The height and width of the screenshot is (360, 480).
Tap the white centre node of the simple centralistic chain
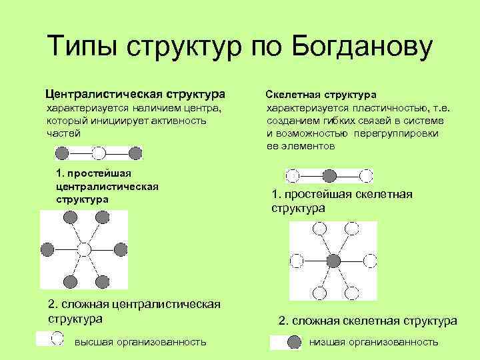point(98,153)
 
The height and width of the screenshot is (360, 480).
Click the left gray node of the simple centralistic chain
point(61,153)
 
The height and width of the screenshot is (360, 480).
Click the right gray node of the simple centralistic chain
point(135,153)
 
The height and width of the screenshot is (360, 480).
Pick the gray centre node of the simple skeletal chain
point(329,176)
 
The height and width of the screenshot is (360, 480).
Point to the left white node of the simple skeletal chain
point(293,176)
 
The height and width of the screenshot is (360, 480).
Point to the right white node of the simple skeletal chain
point(365,176)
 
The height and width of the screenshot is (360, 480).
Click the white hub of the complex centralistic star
point(84,249)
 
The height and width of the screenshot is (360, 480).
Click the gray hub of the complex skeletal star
point(334,260)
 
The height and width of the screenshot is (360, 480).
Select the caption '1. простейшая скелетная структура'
point(342,201)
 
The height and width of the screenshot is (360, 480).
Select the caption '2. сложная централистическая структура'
point(134,311)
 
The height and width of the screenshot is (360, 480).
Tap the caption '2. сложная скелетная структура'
point(367,321)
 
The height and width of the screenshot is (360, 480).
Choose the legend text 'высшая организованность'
point(139,342)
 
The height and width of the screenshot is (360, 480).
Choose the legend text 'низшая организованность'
point(373,342)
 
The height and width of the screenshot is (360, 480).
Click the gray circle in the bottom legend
point(293,342)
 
